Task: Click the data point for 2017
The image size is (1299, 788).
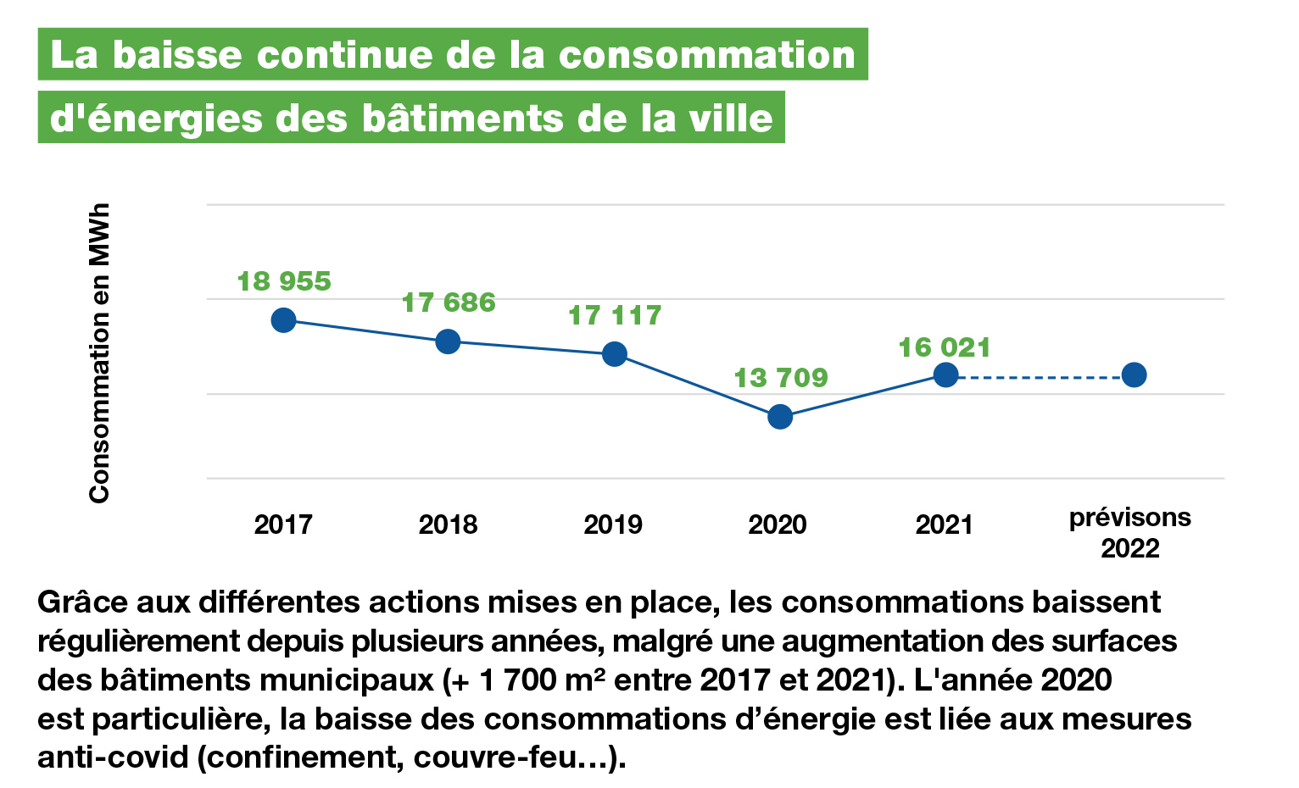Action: (283, 320)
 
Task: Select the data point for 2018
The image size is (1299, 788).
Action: (448, 341)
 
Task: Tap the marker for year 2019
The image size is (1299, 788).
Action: (614, 353)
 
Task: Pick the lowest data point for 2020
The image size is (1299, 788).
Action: (779, 417)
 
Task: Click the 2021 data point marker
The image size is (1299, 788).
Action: (945, 375)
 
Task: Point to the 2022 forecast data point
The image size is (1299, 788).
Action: (1134, 375)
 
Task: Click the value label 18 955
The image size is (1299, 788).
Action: (283, 281)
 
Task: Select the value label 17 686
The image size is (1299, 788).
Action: (448, 302)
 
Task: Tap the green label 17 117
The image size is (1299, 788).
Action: (614, 315)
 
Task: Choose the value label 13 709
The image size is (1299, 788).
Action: (780, 377)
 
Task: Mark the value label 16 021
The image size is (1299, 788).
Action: (944, 347)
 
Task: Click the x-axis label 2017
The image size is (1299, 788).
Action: (283, 524)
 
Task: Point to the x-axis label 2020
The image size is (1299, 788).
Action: (778, 524)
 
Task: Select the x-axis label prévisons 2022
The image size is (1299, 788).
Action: (1129, 532)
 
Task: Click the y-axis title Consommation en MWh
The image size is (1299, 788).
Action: (99, 352)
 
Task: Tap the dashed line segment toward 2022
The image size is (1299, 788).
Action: (1040, 375)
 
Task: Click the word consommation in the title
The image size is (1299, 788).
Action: (706, 55)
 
